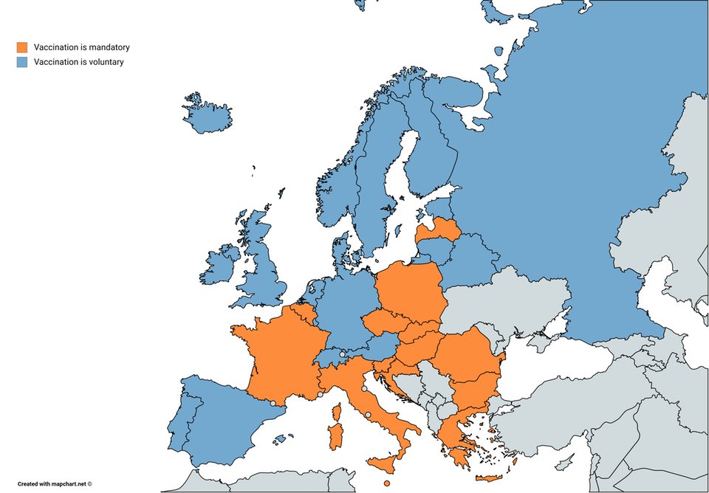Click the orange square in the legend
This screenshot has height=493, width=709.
[22, 47]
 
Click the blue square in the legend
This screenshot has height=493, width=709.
[22, 62]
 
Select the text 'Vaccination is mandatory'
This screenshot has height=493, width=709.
[81, 47]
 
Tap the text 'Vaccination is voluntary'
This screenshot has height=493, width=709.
[78, 62]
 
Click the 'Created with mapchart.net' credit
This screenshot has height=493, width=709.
[55, 484]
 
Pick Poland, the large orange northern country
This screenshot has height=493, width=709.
[410, 292]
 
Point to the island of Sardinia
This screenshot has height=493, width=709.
[335, 436]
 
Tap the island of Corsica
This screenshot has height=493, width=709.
[339, 410]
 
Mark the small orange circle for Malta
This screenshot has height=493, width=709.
[387, 483]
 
